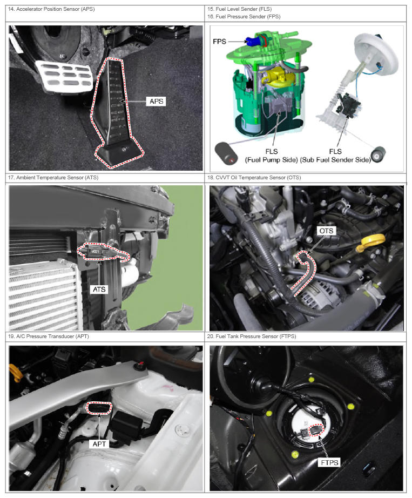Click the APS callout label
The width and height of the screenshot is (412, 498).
tap(157, 102)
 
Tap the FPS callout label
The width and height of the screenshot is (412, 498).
tap(219, 41)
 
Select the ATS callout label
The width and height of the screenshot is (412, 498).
tap(99, 290)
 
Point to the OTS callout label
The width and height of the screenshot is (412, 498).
tap(326, 231)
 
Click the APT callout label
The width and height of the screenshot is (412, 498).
tap(99, 443)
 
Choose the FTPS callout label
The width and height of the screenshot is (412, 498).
tap(329, 462)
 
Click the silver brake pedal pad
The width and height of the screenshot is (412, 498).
tap(64, 75)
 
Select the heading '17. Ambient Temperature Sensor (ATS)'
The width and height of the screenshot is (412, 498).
tap(53, 178)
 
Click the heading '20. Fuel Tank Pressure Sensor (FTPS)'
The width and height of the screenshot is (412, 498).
tap(252, 336)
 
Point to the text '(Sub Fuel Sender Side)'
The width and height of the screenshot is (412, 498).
tap(335, 160)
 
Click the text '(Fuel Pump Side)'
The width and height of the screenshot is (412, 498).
tap(271, 160)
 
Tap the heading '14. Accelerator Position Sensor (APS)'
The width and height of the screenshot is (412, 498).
tap(51, 9)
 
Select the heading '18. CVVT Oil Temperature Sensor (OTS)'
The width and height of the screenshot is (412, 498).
tap(254, 178)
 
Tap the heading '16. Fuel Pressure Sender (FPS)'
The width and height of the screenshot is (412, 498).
tap(244, 17)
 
